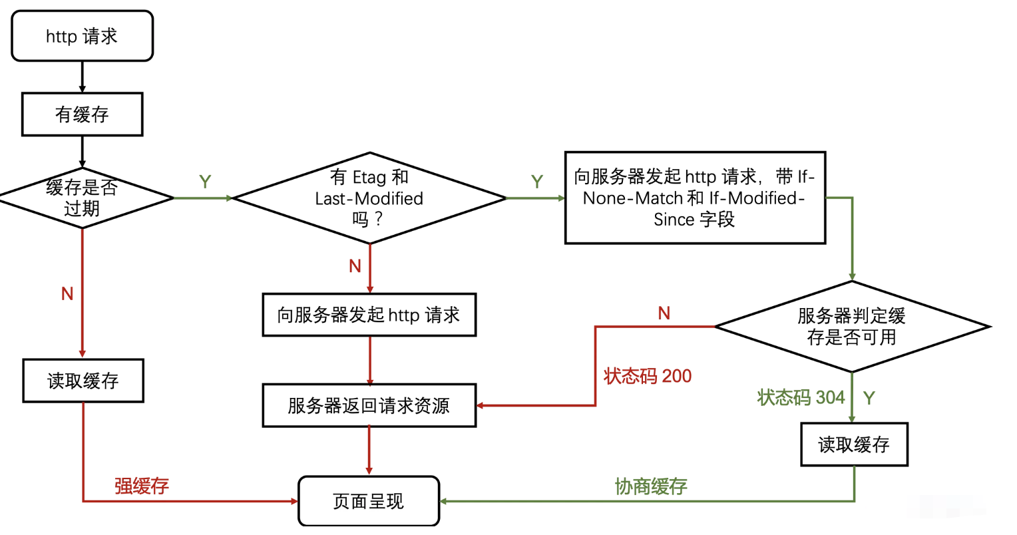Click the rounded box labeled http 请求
(x=82, y=36)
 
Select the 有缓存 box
(x=82, y=114)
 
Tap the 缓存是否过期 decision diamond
(x=82, y=198)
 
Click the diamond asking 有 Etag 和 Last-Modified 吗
(x=369, y=198)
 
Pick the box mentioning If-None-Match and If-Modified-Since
(x=695, y=198)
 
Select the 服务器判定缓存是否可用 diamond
(x=852, y=327)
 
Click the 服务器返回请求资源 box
(x=369, y=405)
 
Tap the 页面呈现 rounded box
(x=369, y=501)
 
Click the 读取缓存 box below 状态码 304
(x=854, y=445)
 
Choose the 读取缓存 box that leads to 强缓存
(x=83, y=381)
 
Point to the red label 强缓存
(x=142, y=486)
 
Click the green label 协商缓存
(x=651, y=486)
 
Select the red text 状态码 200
(x=648, y=377)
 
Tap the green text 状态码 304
(x=801, y=398)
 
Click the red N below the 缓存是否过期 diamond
(x=67, y=294)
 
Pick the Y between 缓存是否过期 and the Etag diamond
(x=205, y=182)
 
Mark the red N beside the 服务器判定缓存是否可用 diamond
(x=664, y=313)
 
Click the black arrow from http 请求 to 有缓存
(x=83, y=77)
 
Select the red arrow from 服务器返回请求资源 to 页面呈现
(x=369, y=451)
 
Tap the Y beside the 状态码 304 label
(x=869, y=398)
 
